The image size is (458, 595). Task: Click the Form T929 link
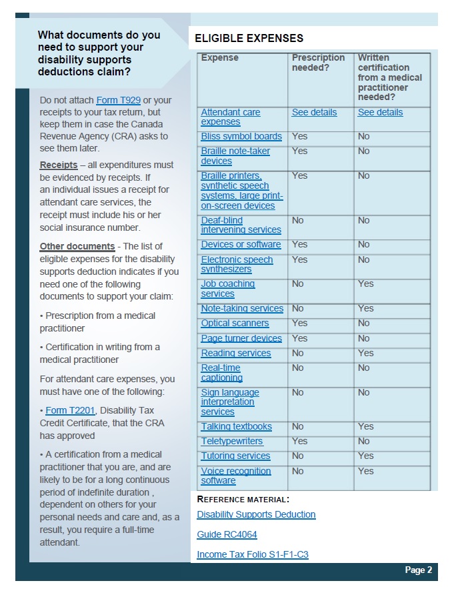118,100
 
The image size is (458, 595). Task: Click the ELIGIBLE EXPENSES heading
249,39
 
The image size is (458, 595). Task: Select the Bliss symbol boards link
241,137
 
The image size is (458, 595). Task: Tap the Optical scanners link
235,324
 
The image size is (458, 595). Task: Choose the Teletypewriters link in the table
232,442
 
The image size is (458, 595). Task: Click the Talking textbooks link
236,427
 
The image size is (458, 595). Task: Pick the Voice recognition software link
236,476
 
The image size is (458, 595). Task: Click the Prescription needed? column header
318,63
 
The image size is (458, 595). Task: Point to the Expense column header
219,58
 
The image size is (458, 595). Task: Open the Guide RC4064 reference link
227,535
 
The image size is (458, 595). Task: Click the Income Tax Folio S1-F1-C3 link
252,555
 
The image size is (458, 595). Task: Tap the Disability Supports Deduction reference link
256,515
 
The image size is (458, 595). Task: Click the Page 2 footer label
418,570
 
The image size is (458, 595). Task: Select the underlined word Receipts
59,165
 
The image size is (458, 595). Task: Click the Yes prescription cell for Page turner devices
299,338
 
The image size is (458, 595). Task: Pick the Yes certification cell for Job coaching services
365,284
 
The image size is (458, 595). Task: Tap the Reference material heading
243,499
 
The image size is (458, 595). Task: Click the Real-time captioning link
221,373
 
